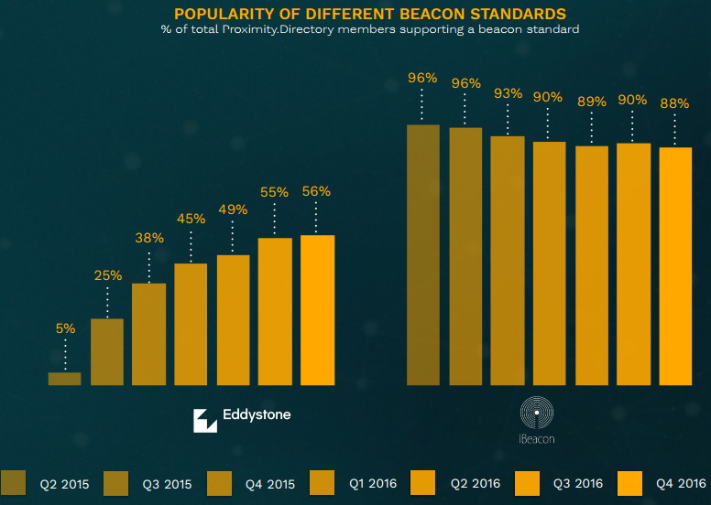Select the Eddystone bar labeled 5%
point(64,379)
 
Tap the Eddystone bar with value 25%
point(106,351)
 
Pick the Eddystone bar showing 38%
point(148,334)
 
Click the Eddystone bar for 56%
point(317,310)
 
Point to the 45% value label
point(191,219)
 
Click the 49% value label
point(233,210)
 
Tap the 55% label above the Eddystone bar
point(274,192)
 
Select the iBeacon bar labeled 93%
point(507,261)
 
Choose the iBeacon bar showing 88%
point(675,266)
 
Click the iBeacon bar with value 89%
point(591,265)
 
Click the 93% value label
point(507,93)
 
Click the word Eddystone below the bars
point(257,415)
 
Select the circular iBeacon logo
point(537,414)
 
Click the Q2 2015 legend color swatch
point(14,482)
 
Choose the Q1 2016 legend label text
point(372,482)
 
